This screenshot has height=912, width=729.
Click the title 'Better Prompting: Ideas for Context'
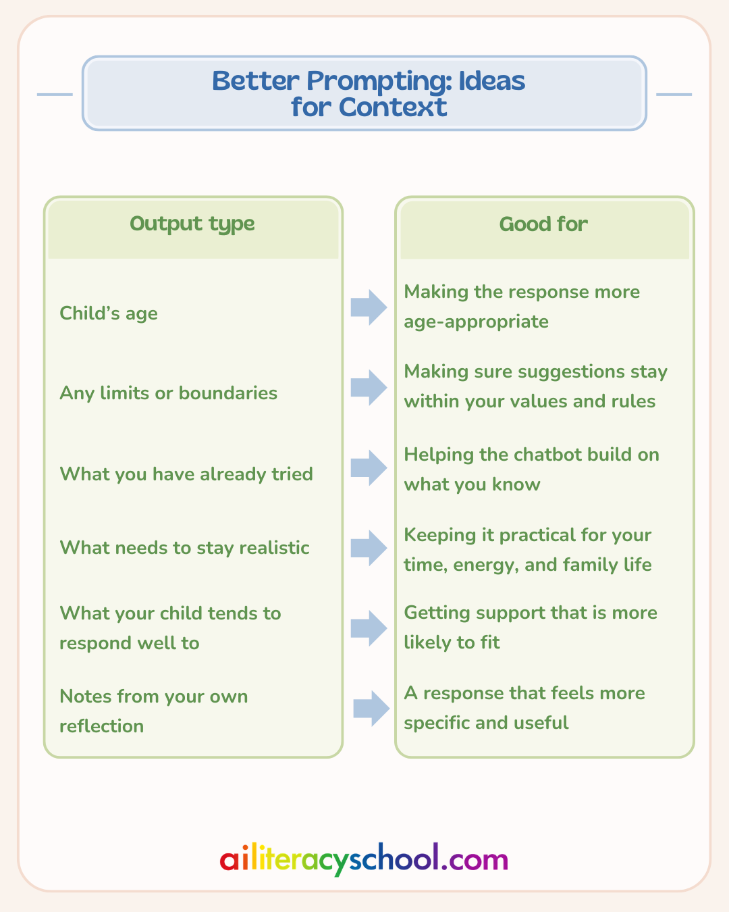(x=368, y=94)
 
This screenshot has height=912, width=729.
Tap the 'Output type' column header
(x=192, y=224)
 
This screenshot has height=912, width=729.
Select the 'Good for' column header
(x=543, y=224)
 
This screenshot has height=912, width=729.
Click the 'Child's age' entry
(x=109, y=313)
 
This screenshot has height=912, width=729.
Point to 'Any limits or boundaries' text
(x=169, y=393)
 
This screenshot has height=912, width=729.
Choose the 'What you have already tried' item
(x=186, y=474)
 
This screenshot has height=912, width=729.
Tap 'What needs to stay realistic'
(x=185, y=548)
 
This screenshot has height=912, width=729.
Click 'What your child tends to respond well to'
(x=170, y=628)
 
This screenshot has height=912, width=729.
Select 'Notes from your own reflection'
(x=154, y=711)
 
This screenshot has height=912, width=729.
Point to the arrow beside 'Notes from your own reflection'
(x=371, y=709)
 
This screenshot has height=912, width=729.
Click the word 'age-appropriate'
(x=476, y=322)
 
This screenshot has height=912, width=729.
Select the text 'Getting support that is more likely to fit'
(x=531, y=628)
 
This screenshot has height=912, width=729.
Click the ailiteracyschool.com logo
(x=364, y=859)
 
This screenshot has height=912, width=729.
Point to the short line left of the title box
(x=55, y=94)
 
